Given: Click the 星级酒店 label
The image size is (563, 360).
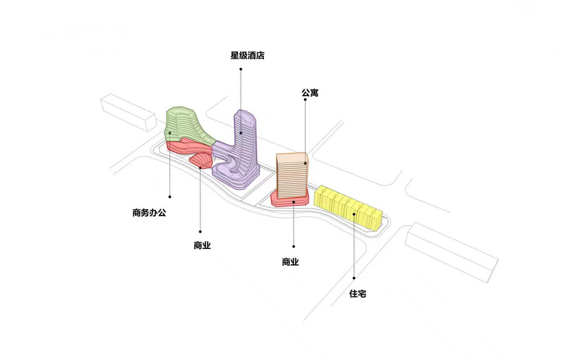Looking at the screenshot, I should (x=248, y=56).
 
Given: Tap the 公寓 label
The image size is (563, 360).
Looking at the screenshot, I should (x=310, y=93).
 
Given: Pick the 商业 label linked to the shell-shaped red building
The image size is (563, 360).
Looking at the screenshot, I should (x=202, y=246).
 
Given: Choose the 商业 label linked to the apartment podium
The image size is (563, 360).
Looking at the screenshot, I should (x=290, y=262).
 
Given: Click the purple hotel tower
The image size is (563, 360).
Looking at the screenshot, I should (x=245, y=145).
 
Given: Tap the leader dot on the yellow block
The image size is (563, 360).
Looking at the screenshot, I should (x=354, y=214).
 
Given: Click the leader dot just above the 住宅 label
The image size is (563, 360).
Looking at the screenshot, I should (x=354, y=278).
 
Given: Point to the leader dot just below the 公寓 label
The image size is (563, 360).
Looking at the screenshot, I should (x=305, y=100).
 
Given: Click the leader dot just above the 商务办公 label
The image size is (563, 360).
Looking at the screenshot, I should (x=170, y=196).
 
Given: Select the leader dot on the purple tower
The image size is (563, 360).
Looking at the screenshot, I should (x=241, y=132).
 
